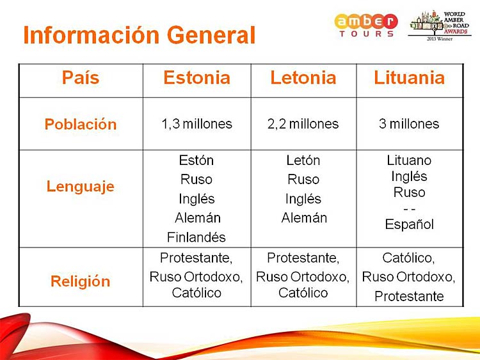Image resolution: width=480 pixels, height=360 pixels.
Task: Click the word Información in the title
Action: pyautogui.click(x=92, y=35)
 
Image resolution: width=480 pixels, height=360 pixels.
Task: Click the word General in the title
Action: pyautogui.click(x=211, y=35)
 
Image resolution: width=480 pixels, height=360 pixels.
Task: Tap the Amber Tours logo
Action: pyautogui.click(x=366, y=26)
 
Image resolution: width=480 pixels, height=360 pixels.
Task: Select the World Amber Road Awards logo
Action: pyautogui.click(x=440, y=26)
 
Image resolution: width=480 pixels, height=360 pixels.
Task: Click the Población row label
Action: pyautogui.click(x=81, y=124)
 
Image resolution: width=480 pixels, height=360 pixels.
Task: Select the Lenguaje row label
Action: pyautogui.click(x=81, y=186)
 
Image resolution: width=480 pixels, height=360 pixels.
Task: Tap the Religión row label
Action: pyautogui.click(x=81, y=281)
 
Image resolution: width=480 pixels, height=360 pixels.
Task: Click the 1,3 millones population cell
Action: pyautogui.click(x=197, y=124)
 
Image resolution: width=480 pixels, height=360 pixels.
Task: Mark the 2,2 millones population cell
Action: pyautogui.click(x=303, y=124)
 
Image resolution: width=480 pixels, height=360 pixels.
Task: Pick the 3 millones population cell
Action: pyautogui.click(x=409, y=124)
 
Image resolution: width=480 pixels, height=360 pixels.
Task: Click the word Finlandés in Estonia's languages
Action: pyautogui.click(x=196, y=237)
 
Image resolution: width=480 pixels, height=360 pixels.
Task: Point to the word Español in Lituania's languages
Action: pyautogui.click(x=410, y=224)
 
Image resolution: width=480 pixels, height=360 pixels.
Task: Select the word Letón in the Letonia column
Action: pyautogui.click(x=303, y=160)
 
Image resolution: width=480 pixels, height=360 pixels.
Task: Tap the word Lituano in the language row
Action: pyautogui.click(x=409, y=160)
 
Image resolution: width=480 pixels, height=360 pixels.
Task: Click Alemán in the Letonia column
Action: pyautogui.click(x=304, y=218)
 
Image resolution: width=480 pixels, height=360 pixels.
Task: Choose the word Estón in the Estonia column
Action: pyautogui.click(x=196, y=160)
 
